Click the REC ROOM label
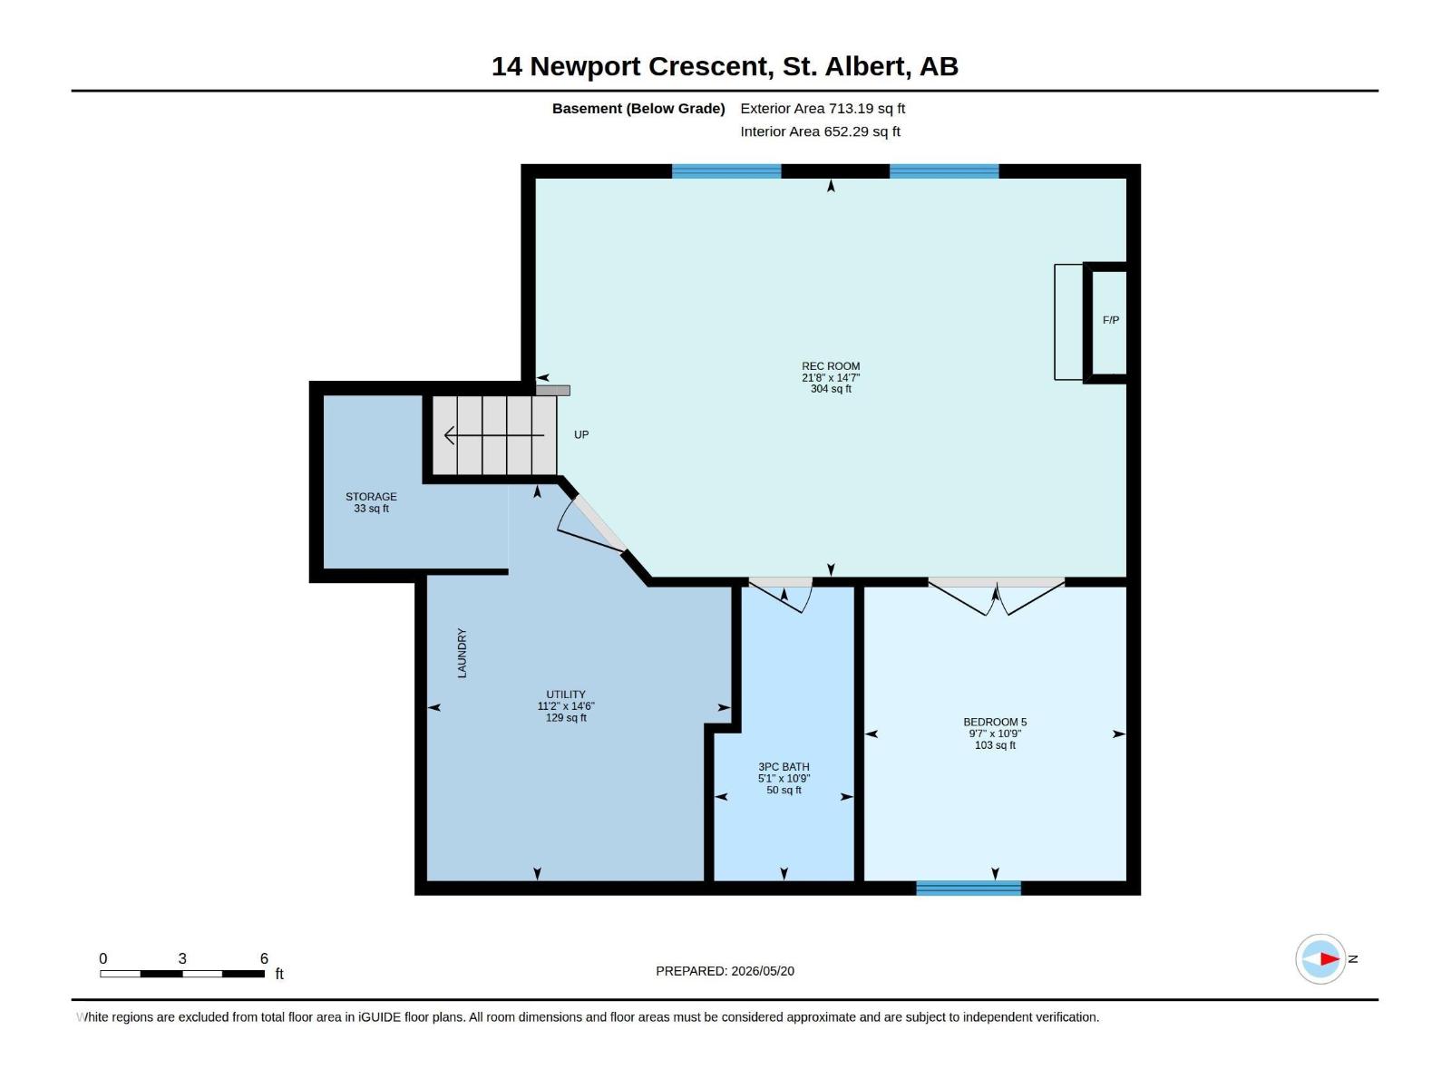[831, 366]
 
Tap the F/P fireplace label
[1111, 320]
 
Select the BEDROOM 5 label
[994, 722]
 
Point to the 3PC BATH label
[784, 767]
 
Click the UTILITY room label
[565, 695]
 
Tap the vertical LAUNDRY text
[463, 653]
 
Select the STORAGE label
[371, 497]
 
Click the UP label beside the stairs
[581, 434]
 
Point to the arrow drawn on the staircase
[494, 435]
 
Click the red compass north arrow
[1329, 958]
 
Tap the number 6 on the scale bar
[264, 958]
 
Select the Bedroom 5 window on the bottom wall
[968, 888]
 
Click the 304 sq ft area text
[831, 389]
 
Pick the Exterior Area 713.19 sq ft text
[823, 108]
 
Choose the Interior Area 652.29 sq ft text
[820, 131]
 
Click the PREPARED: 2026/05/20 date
[725, 971]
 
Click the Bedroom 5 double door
[996, 597]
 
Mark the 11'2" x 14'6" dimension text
[565, 706]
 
